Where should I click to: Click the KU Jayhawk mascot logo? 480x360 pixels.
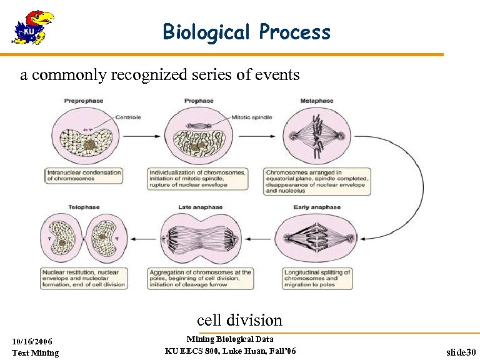coord(33,27)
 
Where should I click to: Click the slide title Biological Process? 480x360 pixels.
coord(246,31)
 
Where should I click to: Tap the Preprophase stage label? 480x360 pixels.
coord(84,101)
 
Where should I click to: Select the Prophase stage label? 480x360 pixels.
coord(199,101)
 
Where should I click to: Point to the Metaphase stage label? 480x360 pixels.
coord(317,101)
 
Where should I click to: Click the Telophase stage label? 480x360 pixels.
coord(84,207)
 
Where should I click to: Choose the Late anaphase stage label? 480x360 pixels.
coord(199,207)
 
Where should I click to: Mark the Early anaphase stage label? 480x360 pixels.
coord(317,207)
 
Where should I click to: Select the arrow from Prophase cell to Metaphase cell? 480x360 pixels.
coord(256,136)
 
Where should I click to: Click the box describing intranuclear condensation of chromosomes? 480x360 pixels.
coord(83,175)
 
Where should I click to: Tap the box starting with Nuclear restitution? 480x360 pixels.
coord(84,279)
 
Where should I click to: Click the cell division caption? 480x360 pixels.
coord(239,320)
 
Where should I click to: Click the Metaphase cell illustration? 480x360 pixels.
coord(317,136)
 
